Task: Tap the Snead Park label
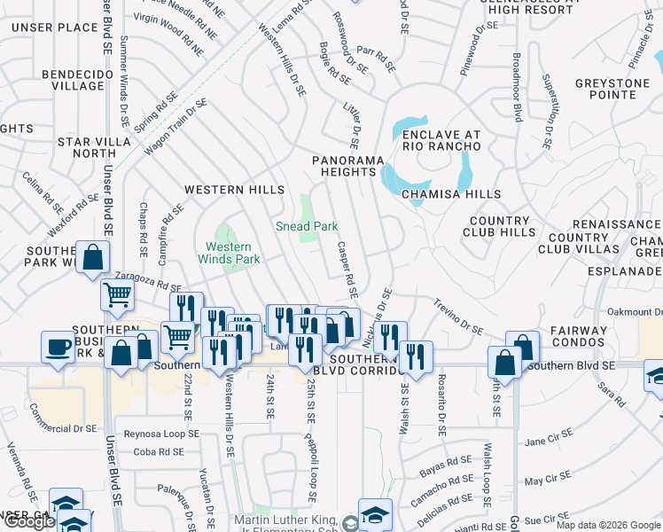click(x=307, y=226)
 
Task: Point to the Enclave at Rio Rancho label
click(x=441, y=141)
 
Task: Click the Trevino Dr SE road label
click(x=458, y=317)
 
